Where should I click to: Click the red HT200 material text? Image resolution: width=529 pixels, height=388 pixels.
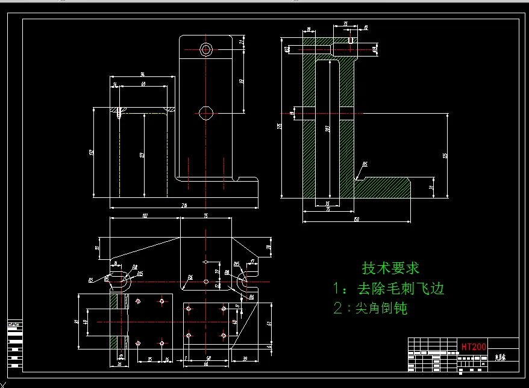tap(474, 347)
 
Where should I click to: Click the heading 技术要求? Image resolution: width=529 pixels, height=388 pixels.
tap(390, 268)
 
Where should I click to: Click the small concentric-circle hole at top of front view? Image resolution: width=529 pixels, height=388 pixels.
tap(206, 49)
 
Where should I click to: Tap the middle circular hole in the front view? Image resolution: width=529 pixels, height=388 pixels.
tap(206, 112)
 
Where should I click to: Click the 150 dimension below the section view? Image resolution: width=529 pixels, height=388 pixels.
tap(357, 220)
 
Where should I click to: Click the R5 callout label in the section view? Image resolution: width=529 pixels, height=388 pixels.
tap(365, 164)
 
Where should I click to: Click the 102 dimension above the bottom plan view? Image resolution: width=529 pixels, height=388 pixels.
tap(145, 215)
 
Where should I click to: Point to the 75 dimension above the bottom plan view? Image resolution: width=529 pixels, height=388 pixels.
tap(205, 215)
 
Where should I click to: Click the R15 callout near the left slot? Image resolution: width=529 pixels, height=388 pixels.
tap(140, 274)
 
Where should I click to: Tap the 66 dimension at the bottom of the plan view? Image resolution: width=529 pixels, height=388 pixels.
tap(205, 364)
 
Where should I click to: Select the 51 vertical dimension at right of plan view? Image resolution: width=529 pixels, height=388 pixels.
tap(269, 323)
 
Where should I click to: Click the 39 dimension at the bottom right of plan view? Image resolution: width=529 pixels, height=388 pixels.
tap(245, 359)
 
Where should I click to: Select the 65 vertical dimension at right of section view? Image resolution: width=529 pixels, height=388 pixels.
tap(445, 155)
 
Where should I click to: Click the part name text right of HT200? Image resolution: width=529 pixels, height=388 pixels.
tap(501, 357)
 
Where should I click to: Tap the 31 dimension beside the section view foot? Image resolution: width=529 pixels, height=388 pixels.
tap(431, 187)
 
